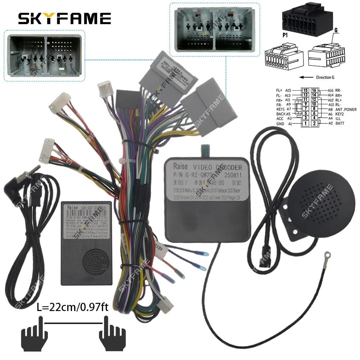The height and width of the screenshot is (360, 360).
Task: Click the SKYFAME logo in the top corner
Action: [65, 18]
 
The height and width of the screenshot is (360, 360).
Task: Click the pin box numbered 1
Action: [305, 123]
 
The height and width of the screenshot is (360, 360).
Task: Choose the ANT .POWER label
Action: [345, 109]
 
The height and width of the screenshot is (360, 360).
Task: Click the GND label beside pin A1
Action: [280, 123]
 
